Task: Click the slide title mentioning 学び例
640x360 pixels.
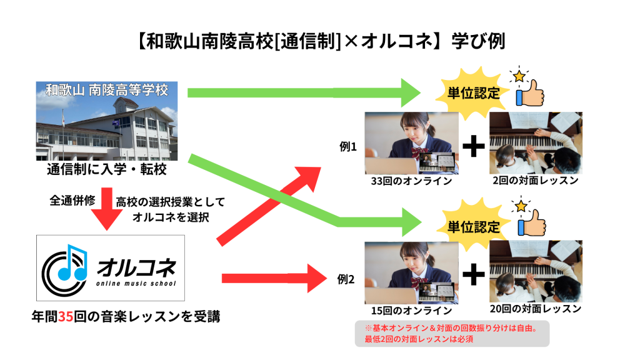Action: (319, 41)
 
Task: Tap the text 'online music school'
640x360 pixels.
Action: (136, 283)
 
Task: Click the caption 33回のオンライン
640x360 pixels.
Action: (411, 182)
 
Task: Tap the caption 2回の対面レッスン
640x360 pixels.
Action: (536, 181)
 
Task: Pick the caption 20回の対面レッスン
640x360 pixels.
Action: (536, 309)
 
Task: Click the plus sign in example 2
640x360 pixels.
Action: (474, 273)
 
